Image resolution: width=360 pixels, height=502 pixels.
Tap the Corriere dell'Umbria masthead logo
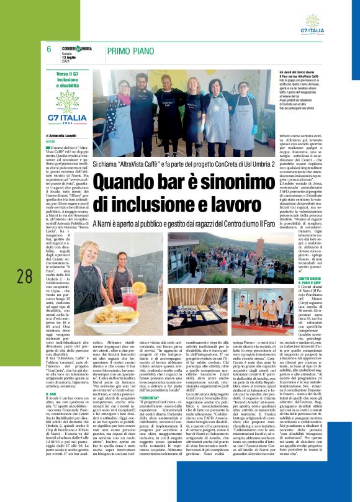click(x=76, y=48)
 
